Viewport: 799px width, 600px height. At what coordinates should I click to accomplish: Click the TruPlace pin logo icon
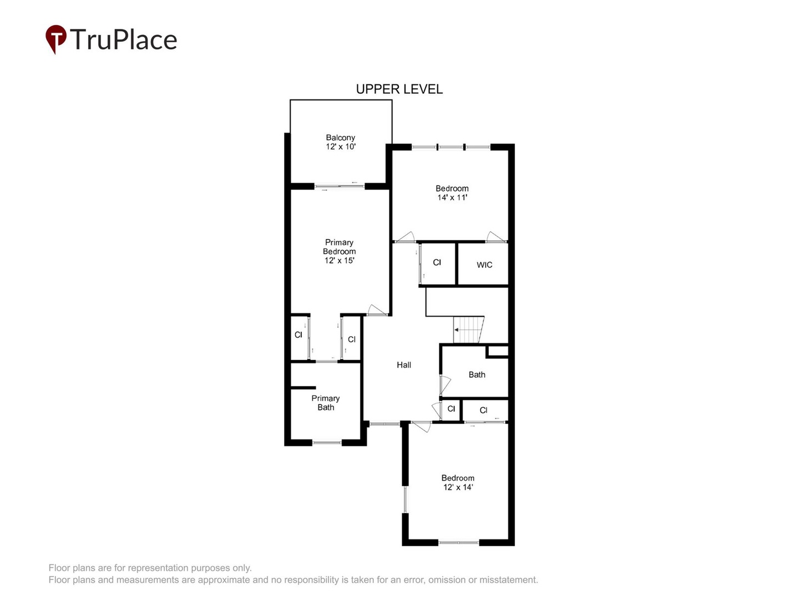tap(55, 38)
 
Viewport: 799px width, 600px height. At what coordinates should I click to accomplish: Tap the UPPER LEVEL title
tap(399, 89)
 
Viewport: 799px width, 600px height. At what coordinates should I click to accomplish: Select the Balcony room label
tap(340, 137)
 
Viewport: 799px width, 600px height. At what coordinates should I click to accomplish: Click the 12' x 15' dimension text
tap(339, 261)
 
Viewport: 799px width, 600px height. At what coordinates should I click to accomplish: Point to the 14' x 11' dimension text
tap(452, 198)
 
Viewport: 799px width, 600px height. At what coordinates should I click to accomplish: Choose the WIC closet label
tap(484, 265)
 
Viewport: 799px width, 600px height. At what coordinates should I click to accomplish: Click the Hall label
tap(403, 365)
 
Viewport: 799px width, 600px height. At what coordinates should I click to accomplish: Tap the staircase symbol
tap(468, 330)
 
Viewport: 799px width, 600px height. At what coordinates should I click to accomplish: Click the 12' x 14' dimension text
tap(458, 487)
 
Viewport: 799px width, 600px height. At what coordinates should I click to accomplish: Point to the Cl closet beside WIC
tap(437, 262)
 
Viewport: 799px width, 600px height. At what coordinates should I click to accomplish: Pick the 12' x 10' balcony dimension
tap(340, 147)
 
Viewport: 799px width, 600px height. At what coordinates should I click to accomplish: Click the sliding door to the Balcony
tap(340, 187)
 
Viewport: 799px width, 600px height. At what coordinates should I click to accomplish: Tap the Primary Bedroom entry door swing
tap(377, 310)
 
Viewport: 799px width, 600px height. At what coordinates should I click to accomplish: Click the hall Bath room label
tap(477, 375)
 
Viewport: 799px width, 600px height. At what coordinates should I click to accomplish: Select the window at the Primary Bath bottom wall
tap(327, 443)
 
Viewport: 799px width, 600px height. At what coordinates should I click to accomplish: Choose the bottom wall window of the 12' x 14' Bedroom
tap(458, 542)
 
